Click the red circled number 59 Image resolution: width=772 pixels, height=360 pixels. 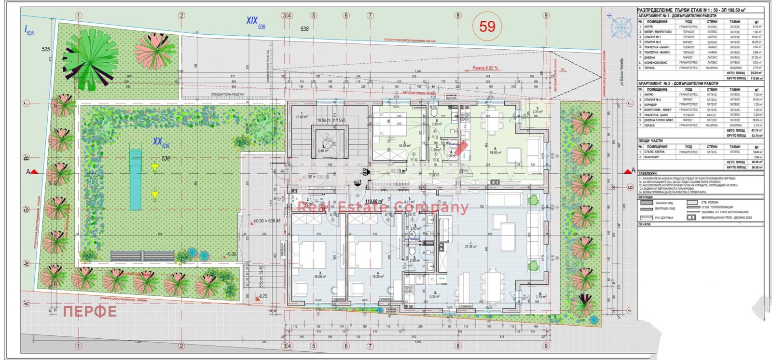pyautogui.click(x=487, y=26)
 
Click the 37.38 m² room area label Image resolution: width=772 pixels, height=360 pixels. pyautogui.click(x=470, y=246)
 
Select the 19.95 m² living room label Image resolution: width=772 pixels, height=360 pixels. pyautogui.click(x=495, y=152)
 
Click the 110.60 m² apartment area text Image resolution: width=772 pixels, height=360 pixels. pyautogui.click(x=374, y=201)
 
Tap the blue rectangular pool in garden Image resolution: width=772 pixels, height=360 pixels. pyautogui.click(x=135, y=180)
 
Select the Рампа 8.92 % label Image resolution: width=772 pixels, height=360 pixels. pyautogui.click(x=485, y=69)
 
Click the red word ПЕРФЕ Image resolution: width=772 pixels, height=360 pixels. pyautogui.click(x=90, y=311)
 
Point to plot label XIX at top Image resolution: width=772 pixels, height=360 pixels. pyautogui.click(x=251, y=20)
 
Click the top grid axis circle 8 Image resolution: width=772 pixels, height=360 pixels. pyautogui.click(x=458, y=15)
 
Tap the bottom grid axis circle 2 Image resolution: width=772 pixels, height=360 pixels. pyautogui.click(x=182, y=346)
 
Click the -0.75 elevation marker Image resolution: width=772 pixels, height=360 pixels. pyautogui.click(x=262, y=296)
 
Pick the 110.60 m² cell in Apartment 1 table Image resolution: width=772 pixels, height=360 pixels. pyautogui.click(x=755, y=78)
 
